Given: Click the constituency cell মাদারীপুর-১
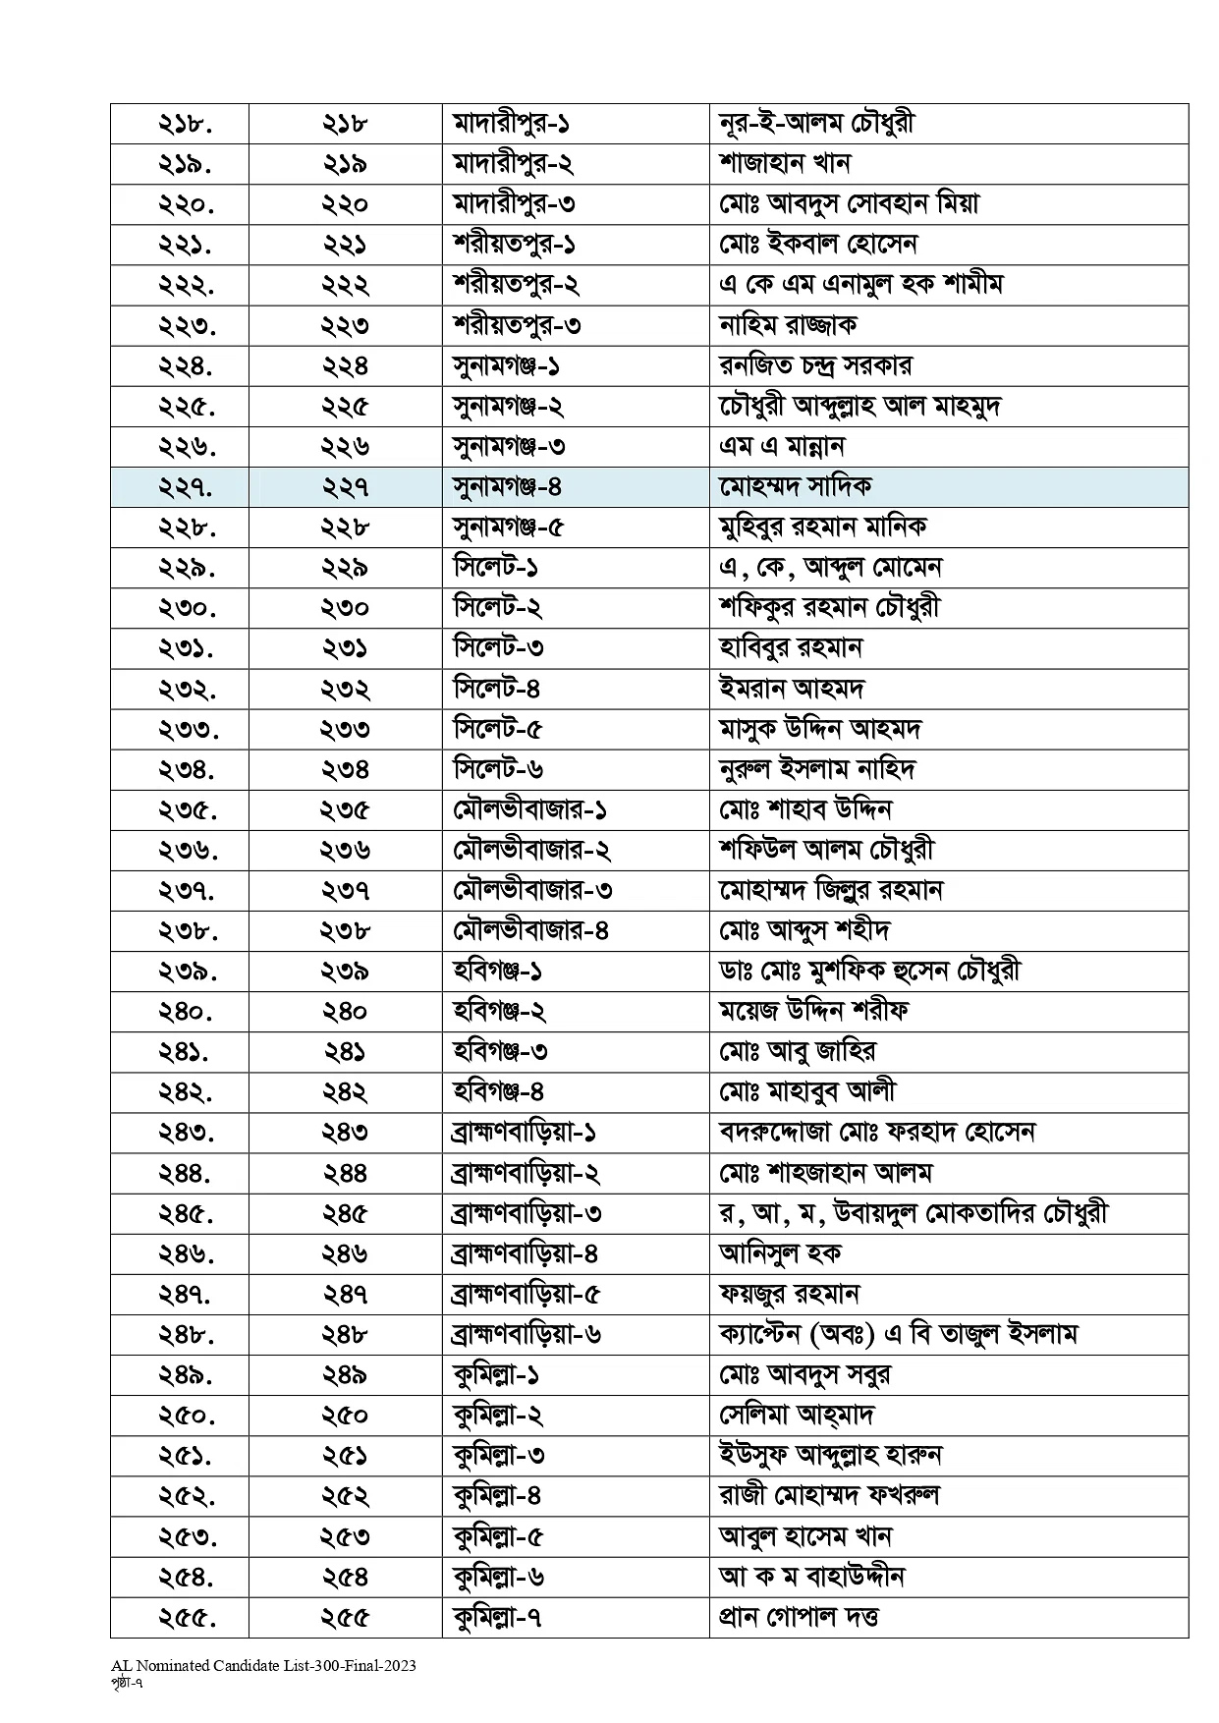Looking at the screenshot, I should (512, 124).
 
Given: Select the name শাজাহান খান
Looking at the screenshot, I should (784, 164).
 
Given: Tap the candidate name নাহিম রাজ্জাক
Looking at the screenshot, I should (789, 325).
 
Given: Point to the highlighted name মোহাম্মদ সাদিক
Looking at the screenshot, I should (795, 486).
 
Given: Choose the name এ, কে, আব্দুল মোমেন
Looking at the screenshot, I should (830, 568).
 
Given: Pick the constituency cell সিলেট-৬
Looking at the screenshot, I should (498, 769).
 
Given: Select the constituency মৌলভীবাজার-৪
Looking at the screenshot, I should (530, 930).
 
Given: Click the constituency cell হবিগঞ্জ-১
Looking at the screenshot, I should (497, 971).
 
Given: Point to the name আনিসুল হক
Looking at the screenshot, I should (780, 1253).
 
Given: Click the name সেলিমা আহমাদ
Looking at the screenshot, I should (796, 1415).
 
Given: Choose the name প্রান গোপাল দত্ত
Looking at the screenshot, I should (799, 1616).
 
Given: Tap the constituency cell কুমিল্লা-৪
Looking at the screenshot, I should (497, 1495).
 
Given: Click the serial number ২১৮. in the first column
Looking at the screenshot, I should (186, 124).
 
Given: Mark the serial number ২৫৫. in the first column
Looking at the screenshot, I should (186, 1616).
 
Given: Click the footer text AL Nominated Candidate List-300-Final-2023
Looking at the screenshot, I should (263, 1665).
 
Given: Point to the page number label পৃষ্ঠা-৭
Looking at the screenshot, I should (130, 1681).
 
